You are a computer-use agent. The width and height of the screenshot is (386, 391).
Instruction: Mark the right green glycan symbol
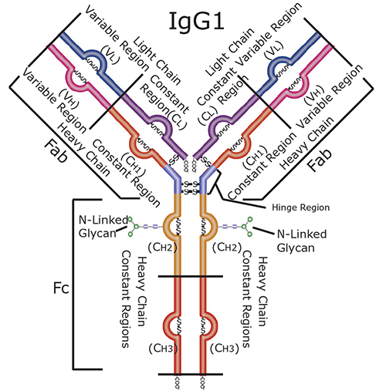[x=247, y=227]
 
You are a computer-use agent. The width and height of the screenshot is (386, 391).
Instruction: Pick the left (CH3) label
[x=160, y=349]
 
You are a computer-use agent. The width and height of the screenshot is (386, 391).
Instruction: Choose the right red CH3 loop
[x=209, y=324]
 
